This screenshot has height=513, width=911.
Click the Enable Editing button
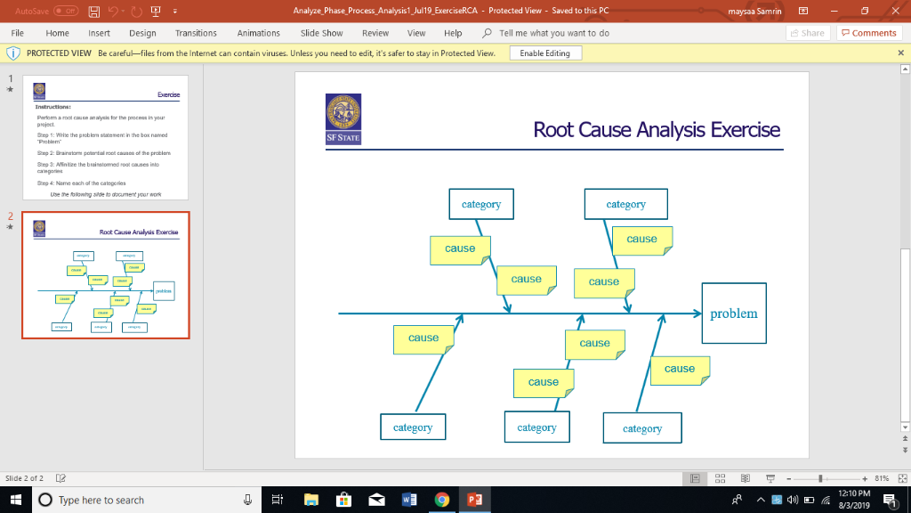click(x=544, y=53)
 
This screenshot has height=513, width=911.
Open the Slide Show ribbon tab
click(x=321, y=33)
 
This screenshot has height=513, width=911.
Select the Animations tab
click(x=258, y=33)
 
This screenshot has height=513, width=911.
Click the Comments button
click(x=868, y=33)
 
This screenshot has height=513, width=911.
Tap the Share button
click(x=807, y=33)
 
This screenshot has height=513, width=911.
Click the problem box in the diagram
click(x=733, y=313)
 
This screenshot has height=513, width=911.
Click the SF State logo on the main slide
click(x=343, y=118)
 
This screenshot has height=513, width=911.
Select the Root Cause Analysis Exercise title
click(x=657, y=130)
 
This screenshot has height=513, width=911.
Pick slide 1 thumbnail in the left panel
click(x=106, y=138)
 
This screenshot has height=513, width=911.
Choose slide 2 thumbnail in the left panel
click(x=106, y=275)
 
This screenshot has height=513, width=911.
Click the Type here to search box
click(x=133, y=501)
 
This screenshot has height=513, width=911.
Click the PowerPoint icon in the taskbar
click(x=475, y=501)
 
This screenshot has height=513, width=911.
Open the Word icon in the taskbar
click(x=409, y=501)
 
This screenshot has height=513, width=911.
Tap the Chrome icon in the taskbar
click(x=442, y=501)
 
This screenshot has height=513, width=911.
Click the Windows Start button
click(x=15, y=501)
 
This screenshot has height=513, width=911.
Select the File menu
click(x=17, y=33)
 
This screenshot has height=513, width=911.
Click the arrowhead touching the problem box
click(x=695, y=313)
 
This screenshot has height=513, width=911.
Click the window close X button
click(x=892, y=10)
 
